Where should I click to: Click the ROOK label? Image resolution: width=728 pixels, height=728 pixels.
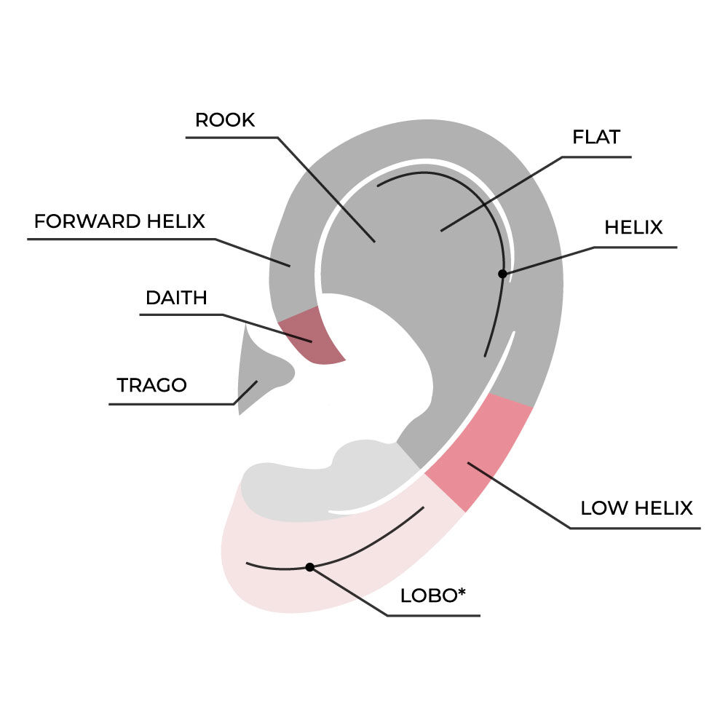coord(225,120)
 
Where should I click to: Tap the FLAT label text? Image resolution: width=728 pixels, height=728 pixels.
coord(596,137)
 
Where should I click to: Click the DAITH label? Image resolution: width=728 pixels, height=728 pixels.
coord(176,298)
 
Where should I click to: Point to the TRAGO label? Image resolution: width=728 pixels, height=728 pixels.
coord(151,385)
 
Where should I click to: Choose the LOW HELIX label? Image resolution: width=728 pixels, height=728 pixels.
coord(636,508)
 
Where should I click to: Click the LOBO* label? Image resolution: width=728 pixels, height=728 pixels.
coord(432,596)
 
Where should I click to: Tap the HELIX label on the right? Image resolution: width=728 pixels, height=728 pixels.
coord(633,228)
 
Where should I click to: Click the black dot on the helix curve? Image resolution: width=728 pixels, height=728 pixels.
coord(502,274)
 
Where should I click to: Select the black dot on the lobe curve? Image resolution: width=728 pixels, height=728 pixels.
coord(309,566)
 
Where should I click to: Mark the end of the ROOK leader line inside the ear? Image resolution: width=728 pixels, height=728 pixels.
coord(375,242)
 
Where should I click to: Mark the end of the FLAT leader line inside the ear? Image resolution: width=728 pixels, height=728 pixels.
coord(441,232)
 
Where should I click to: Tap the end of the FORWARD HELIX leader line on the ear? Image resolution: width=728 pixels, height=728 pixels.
coord(290,266)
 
